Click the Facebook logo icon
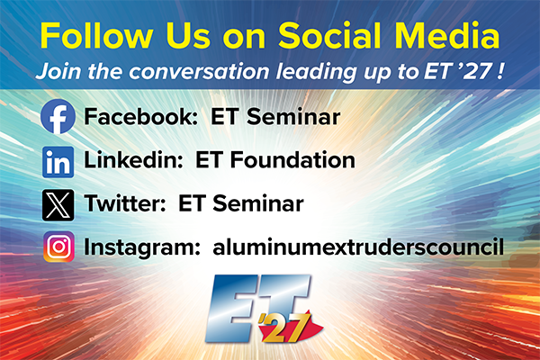click(58, 116)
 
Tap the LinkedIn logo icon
click(58, 162)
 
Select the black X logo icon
click(58, 205)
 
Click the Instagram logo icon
click(58, 247)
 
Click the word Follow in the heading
click(96, 35)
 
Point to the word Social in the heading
click(329, 35)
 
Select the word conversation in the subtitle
click(199, 72)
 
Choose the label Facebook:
click(141, 116)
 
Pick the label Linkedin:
click(133, 160)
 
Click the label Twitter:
click(125, 203)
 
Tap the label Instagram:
click(142, 247)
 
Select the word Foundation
click(292, 160)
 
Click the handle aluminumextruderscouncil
click(358, 247)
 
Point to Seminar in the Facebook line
click(293, 116)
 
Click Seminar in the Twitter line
click(258, 203)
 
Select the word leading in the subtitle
click(317, 72)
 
